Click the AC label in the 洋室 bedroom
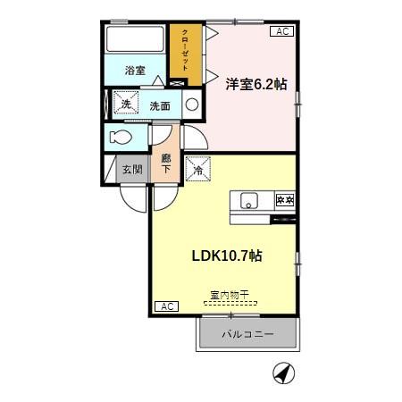(x=281, y=32)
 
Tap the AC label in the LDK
(x=166, y=306)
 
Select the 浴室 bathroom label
(x=135, y=71)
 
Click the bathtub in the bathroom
(x=135, y=41)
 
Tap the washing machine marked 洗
(x=126, y=105)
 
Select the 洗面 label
(x=160, y=105)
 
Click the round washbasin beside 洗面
(x=192, y=105)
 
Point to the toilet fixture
(x=121, y=138)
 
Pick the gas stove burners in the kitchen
(x=284, y=200)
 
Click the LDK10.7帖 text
(x=227, y=255)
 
